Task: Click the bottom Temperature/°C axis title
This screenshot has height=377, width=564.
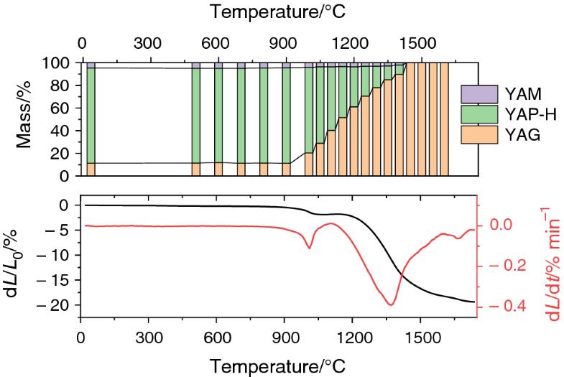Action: click(x=283, y=366)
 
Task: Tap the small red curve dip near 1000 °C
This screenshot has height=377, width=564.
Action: click(x=310, y=248)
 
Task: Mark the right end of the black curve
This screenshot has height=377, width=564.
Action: click(x=474, y=302)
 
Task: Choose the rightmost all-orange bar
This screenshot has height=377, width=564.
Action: click(x=444, y=118)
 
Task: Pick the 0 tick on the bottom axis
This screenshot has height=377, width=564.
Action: click(x=80, y=338)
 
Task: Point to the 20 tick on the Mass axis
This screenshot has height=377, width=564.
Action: click(x=63, y=154)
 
